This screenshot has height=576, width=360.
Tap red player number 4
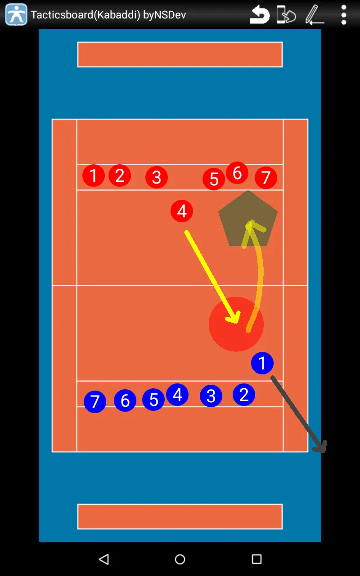[x=182, y=211]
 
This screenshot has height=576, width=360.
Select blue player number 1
[x=262, y=363]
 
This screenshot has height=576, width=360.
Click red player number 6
[x=237, y=173]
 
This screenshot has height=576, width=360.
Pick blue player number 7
[x=95, y=402]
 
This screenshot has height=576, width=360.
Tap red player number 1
[x=94, y=175]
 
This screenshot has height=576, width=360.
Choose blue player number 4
[x=177, y=395]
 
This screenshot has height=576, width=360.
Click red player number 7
[x=266, y=177]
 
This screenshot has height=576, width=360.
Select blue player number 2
[x=244, y=395]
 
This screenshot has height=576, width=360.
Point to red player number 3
[x=157, y=177]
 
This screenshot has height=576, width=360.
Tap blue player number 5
[x=153, y=400]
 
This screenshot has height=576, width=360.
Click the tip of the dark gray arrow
[x=324, y=451]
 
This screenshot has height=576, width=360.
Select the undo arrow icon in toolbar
[x=260, y=15]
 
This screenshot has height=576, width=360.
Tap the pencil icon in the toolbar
[x=314, y=15]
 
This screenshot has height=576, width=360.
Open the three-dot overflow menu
[x=344, y=15]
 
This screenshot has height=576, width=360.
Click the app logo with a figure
[x=16, y=14]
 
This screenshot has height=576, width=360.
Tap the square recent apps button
[x=256, y=559]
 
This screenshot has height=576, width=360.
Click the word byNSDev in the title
[x=165, y=15]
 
